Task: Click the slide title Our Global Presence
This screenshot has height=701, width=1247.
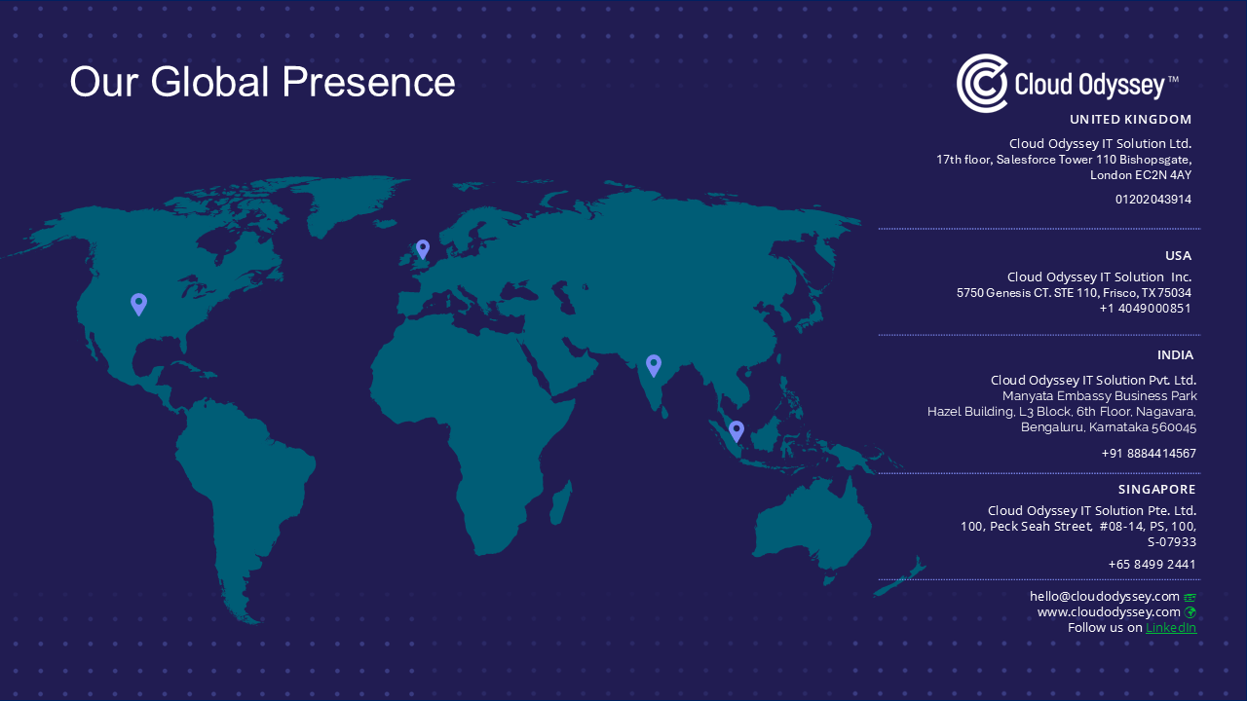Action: click(x=262, y=83)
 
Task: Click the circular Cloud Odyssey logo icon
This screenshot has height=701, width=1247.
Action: click(x=982, y=84)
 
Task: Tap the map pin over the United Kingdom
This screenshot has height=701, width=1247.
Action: click(x=423, y=250)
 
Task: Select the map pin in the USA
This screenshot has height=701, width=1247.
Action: click(x=138, y=305)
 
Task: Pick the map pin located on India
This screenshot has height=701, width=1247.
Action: click(x=654, y=366)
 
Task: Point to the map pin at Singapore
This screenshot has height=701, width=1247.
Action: click(x=737, y=431)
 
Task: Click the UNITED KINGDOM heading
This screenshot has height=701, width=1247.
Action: click(x=1131, y=120)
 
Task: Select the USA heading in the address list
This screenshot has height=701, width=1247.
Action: click(x=1179, y=256)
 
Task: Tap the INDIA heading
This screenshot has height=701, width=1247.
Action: click(x=1175, y=355)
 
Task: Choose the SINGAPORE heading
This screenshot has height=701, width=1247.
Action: click(x=1156, y=490)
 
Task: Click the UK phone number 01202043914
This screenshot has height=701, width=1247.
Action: click(x=1153, y=200)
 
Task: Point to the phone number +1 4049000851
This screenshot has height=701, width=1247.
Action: click(x=1145, y=309)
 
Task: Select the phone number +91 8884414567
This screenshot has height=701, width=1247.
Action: click(x=1149, y=454)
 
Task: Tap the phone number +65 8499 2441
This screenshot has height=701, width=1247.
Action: click(x=1152, y=564)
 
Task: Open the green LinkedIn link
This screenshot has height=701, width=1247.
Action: click(x=1171, y=628)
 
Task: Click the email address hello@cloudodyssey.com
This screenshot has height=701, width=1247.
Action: click(x=1105, y=597)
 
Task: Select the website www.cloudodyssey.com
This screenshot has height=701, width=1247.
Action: click(x=1109, y=612)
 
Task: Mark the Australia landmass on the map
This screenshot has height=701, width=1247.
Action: click(x=812, y=526)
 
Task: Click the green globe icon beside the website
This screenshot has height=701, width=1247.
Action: click(x=1190, y=612)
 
